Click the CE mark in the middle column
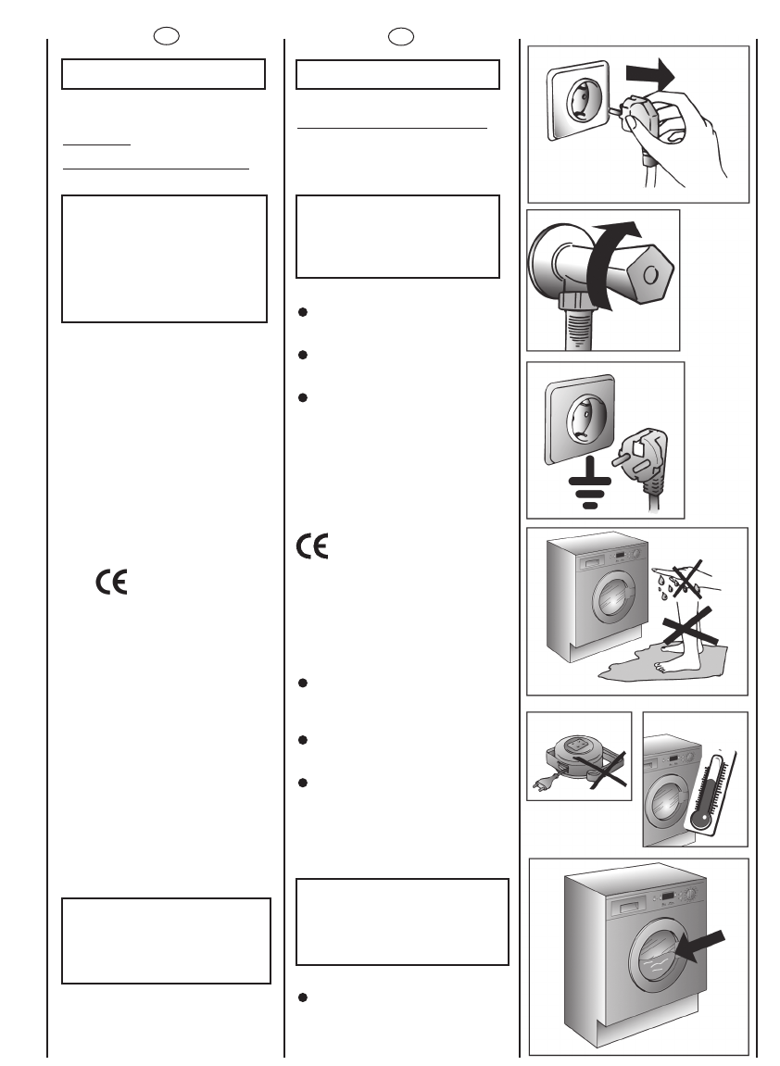point(313,547)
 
